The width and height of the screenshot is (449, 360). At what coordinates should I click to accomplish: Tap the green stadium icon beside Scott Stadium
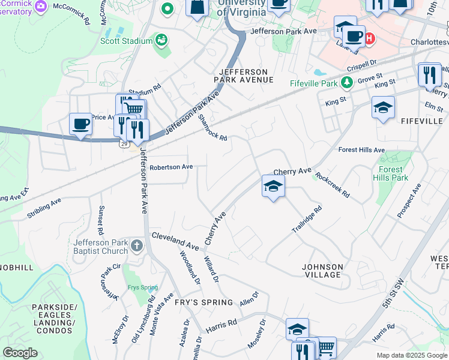[x=161, y=40]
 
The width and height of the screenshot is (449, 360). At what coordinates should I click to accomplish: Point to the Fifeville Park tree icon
[x=346, y=82]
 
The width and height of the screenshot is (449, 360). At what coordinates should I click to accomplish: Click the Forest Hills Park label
[x=391, y=174]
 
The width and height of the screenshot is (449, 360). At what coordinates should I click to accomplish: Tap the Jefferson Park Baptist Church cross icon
[x=137, y=245]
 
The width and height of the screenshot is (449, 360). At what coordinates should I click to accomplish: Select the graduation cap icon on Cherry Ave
[x=273, y=186]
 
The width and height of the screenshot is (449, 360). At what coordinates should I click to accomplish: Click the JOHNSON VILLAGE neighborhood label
[x=322, y=271]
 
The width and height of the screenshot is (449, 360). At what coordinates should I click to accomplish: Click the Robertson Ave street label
[x=171, y=167]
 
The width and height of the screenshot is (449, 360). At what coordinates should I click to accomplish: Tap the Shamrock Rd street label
[x=213, y=128]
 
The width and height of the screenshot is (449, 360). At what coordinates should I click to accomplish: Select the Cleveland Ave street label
[x=175, y=240]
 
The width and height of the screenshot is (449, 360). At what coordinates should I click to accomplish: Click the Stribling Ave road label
[x=44, y=210]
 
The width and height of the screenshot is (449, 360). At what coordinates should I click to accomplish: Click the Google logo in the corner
[x=20, y=352]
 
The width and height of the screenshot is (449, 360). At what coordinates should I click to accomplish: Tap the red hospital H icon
[x=370, y=38]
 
